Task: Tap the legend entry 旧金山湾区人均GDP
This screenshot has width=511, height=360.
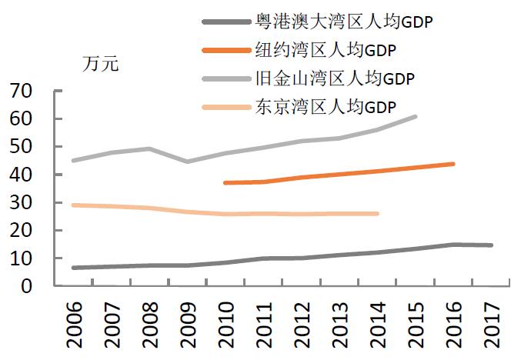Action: click(x=334, y=78)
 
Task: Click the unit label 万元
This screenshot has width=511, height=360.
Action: click(x=101, y=65)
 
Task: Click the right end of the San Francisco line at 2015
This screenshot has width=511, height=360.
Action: click(x=416, y=116)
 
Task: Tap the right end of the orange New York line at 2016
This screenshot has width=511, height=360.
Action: click(x=453, y=164)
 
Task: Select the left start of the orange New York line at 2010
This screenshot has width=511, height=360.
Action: click(x=225, y=183)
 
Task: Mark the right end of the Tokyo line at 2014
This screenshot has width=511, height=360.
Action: click(x=377, y=213)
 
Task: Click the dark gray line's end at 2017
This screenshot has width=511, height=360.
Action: click(x=490, y=245)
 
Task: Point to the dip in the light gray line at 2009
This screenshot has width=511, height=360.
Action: click(x=187, y=162)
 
